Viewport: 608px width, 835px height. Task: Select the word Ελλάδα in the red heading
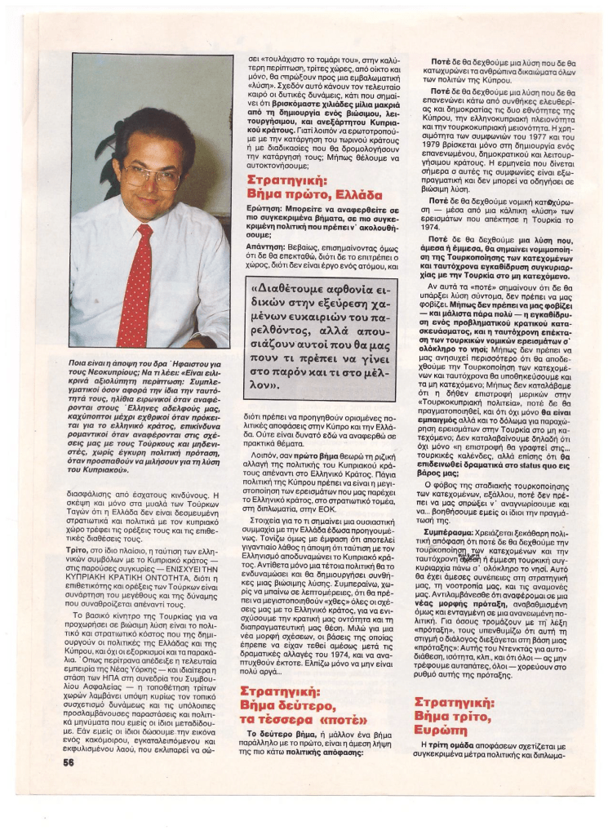[x=353, y=194]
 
